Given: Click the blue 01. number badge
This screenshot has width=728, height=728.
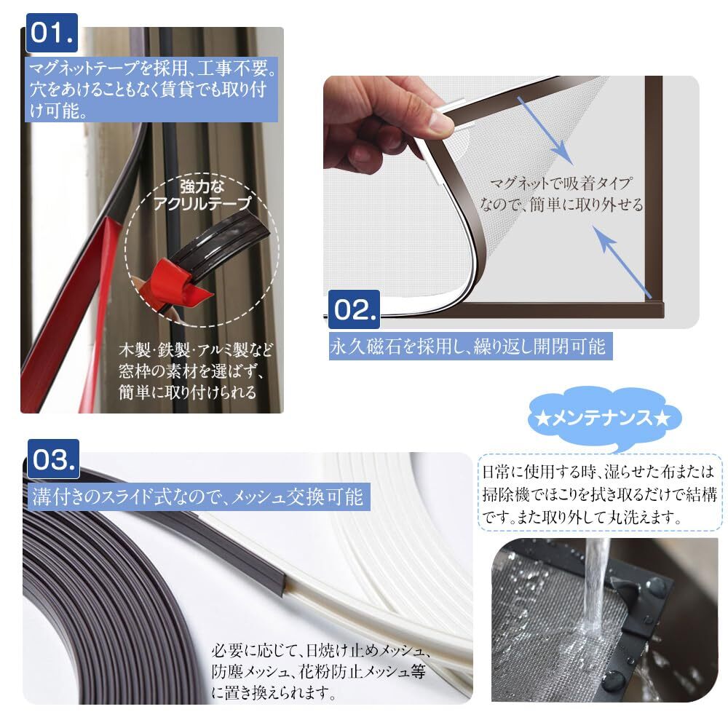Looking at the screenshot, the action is [52, 33].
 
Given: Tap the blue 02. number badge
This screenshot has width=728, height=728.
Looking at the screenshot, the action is [355, 309].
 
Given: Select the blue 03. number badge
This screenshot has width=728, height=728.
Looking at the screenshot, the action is [53, 459].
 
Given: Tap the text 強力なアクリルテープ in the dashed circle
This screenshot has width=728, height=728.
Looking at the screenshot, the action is [202, 195].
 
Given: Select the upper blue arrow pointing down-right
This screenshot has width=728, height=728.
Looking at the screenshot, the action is [545, 130].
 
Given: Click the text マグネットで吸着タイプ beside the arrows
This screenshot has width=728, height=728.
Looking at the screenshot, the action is [561, 183].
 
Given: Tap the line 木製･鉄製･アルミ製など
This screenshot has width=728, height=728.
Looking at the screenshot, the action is [195, 349].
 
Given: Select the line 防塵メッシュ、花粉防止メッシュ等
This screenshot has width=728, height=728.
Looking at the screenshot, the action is [319, 671].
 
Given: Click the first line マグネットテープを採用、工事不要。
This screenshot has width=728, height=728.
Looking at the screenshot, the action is [153, 68].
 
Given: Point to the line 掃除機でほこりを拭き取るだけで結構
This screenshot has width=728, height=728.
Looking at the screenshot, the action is [600, 494].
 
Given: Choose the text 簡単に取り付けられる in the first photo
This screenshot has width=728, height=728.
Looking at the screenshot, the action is [188, 392].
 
